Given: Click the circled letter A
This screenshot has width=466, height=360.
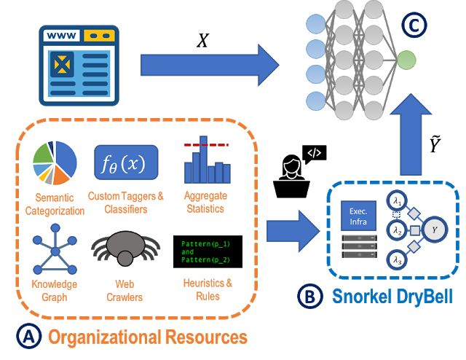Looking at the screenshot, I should (x=28, y=337).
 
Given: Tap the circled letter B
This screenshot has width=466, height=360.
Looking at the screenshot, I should (x=309, y=298).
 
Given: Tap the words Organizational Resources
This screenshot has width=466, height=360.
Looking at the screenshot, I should (x=148, y=337).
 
